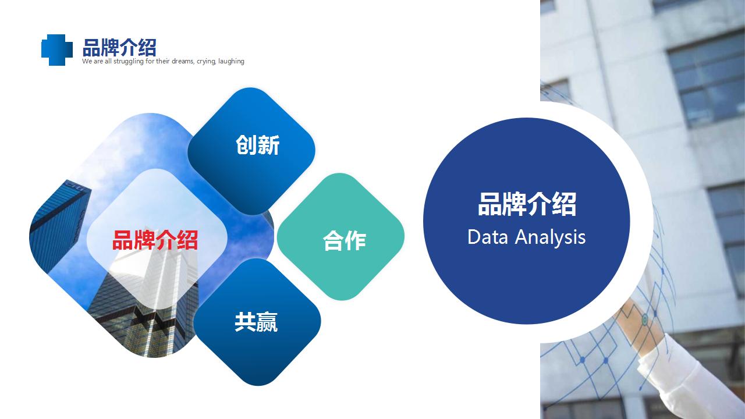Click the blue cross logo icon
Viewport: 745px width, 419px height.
coord(57,50)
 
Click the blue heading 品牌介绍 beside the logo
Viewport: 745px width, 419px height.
coord(119,48)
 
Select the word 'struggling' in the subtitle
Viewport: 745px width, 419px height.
coord(129,62)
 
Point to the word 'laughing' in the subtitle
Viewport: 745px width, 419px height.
coord(231,62)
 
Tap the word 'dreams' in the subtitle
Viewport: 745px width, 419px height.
coord(183,61)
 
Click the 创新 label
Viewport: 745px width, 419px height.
coord(257,145)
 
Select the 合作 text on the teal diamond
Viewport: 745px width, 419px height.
coord(344,240)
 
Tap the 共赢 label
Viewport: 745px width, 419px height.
coord(256,322)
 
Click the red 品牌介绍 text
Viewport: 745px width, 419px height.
coord(155,240)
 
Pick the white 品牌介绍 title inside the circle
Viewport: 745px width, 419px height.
coord(527,204)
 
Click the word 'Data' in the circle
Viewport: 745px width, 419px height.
coord(488,237)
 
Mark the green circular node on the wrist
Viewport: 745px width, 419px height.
coord(644,320)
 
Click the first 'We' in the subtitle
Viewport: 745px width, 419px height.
coord(86,61)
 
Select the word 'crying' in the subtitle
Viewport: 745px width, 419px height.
coord(206,62)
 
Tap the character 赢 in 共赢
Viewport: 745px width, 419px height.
coord(267,322)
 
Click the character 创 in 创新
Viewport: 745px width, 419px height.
coord(246,145)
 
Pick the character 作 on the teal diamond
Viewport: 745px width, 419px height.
coord(356,240)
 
